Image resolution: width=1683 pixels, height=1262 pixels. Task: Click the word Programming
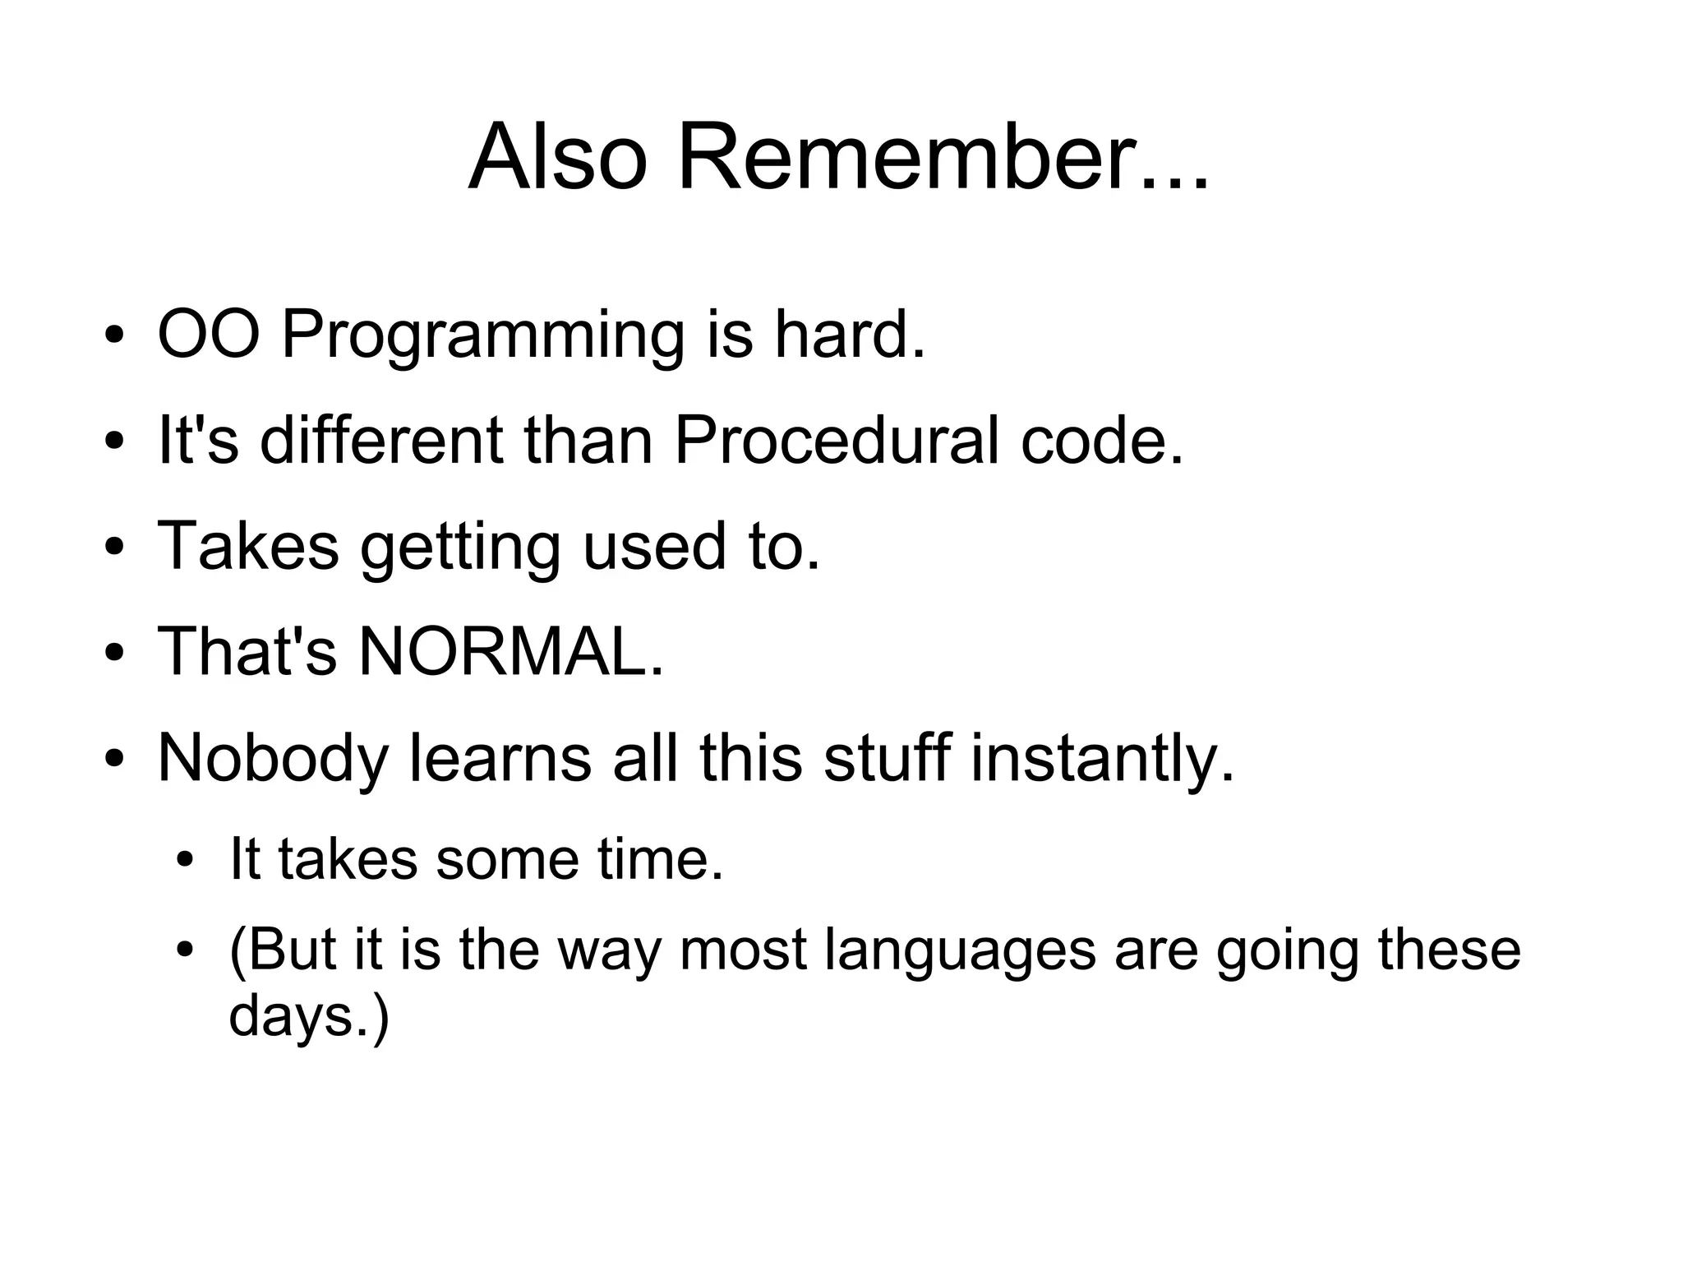(482, 337)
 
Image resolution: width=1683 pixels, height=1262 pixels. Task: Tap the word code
(1101, 441)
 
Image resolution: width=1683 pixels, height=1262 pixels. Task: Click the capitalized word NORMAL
(510, 652)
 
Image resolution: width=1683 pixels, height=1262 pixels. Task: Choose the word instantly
(1102, 759)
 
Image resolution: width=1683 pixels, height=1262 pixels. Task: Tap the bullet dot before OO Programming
(115, 337)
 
